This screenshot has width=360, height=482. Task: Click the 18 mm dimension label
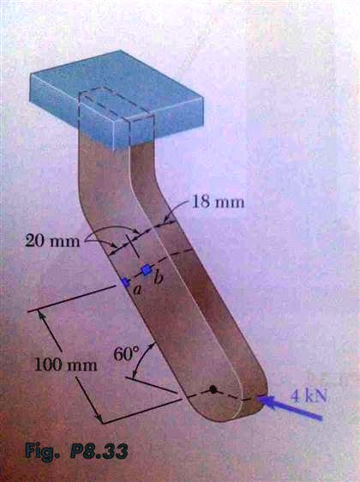tap(218, 202)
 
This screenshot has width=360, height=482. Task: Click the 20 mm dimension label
tap(52, 241)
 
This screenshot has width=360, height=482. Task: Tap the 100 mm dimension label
tap(66, 365)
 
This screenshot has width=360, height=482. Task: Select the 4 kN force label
tap(309, 396)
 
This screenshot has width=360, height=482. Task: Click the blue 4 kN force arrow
tap(290, 407)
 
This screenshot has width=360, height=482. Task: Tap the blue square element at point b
tap(147, 269)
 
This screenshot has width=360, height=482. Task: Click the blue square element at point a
tap(125, 282)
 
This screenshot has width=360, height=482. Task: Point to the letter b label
tap(159, 278)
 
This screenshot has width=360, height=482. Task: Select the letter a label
tap(138, 290)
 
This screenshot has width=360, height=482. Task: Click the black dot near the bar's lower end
tap(213, 389)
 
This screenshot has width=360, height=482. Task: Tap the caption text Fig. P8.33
tap(76, 451)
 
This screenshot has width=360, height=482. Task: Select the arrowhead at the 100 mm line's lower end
tap(99, 419)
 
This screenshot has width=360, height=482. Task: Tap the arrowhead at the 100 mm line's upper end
tap(40, 314)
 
